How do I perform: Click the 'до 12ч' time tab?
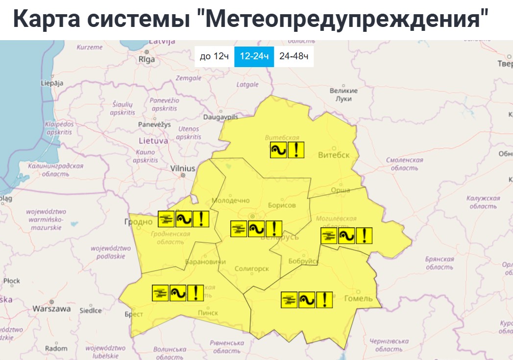coord(214,56)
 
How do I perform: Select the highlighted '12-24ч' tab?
coord(254,56)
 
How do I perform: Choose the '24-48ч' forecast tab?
coord(293,56)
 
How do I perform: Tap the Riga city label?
coord(147,59)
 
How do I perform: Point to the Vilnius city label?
coord(183,168)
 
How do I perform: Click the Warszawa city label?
coord(51,309)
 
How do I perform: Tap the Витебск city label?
coord(334,155)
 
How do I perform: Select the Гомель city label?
coord(359,298)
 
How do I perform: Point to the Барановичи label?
coord(203,262)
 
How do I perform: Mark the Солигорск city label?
coord(252,269)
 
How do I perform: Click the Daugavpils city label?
coord(220,118)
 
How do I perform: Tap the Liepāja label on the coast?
coord(52,83)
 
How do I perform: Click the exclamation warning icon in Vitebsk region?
coord(296,150)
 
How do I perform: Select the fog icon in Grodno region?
coord(167,219)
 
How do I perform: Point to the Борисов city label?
coord(282,205)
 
